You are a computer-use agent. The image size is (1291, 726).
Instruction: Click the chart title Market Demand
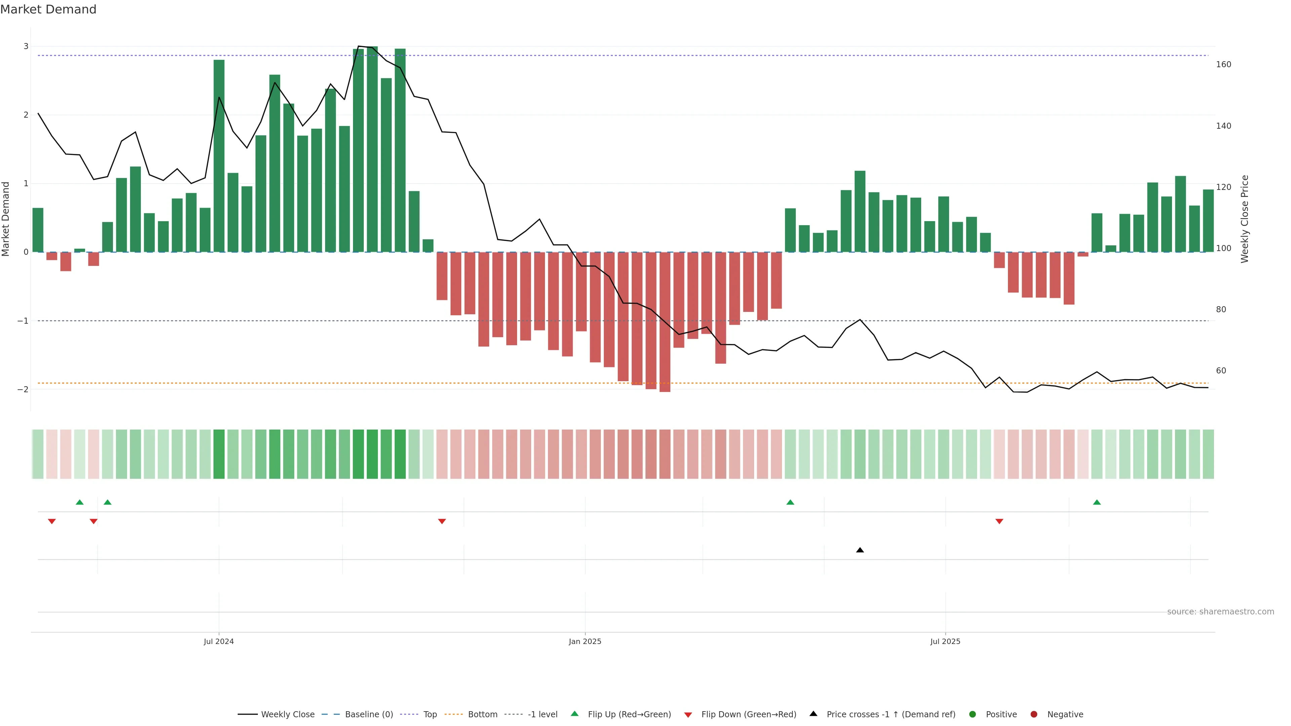(x=48, y=9)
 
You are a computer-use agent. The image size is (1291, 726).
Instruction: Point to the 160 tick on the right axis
(x=1223, y=65)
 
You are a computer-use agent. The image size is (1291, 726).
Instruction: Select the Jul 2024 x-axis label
(x=219, y=641)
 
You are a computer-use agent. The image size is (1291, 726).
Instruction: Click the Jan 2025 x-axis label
(x=585, y=641)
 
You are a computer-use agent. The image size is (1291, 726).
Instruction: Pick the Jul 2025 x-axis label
(x=945, y=641)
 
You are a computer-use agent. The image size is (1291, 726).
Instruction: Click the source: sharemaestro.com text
(x=1220, y=612)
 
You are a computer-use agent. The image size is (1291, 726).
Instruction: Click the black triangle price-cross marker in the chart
(x=860, y=550)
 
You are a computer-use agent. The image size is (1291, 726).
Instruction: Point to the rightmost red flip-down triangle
(x=999, y=522)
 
